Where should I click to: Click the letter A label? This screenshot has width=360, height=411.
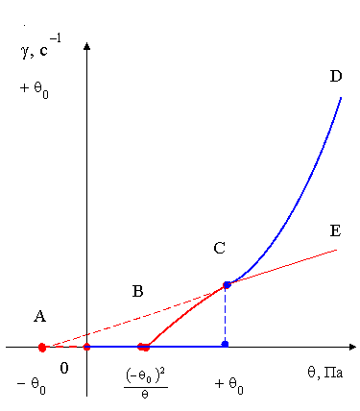40,317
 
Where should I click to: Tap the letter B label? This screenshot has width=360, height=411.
137,291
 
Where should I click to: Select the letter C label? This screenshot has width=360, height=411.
220,248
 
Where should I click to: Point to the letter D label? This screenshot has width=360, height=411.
336,76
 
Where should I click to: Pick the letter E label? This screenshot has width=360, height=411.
335,230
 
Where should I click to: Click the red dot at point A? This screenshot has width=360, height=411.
42,348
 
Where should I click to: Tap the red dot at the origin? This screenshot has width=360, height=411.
86,347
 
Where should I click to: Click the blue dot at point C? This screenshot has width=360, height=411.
227,284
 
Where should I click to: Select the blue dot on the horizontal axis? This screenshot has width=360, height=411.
225,344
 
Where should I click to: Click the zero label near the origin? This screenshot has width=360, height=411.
64,368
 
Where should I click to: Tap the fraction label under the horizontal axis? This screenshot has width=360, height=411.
146,384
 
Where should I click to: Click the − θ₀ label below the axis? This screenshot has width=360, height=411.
32,385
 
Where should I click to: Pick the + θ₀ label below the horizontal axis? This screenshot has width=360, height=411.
229,385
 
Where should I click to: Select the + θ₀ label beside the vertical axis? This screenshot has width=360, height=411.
35,89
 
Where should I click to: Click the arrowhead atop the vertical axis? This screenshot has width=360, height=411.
86,46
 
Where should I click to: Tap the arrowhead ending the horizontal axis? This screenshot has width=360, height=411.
352,347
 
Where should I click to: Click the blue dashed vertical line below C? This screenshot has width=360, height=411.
225,314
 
